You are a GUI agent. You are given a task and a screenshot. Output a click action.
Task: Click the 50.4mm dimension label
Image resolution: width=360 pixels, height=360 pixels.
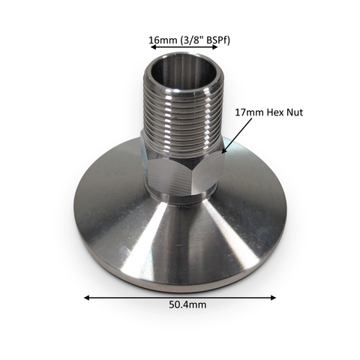[187, 305]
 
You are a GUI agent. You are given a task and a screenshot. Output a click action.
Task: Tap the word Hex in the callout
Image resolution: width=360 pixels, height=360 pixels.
[275, 112]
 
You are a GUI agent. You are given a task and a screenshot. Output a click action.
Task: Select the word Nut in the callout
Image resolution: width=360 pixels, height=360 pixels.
[295, 112]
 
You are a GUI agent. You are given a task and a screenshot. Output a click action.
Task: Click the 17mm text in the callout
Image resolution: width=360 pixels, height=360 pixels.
[249, 112]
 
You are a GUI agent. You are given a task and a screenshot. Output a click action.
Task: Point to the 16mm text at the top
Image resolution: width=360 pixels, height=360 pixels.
[163, 40]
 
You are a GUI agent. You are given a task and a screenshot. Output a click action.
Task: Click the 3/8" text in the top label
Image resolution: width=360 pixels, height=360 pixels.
[193, 40]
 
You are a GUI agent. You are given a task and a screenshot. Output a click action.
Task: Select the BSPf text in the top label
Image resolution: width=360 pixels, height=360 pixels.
[218, 40]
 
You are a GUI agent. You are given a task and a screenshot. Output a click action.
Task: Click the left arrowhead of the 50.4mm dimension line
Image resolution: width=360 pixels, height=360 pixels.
[87, 298]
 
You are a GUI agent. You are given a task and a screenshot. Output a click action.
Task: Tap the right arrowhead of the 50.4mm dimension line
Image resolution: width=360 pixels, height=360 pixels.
[273, 298]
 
